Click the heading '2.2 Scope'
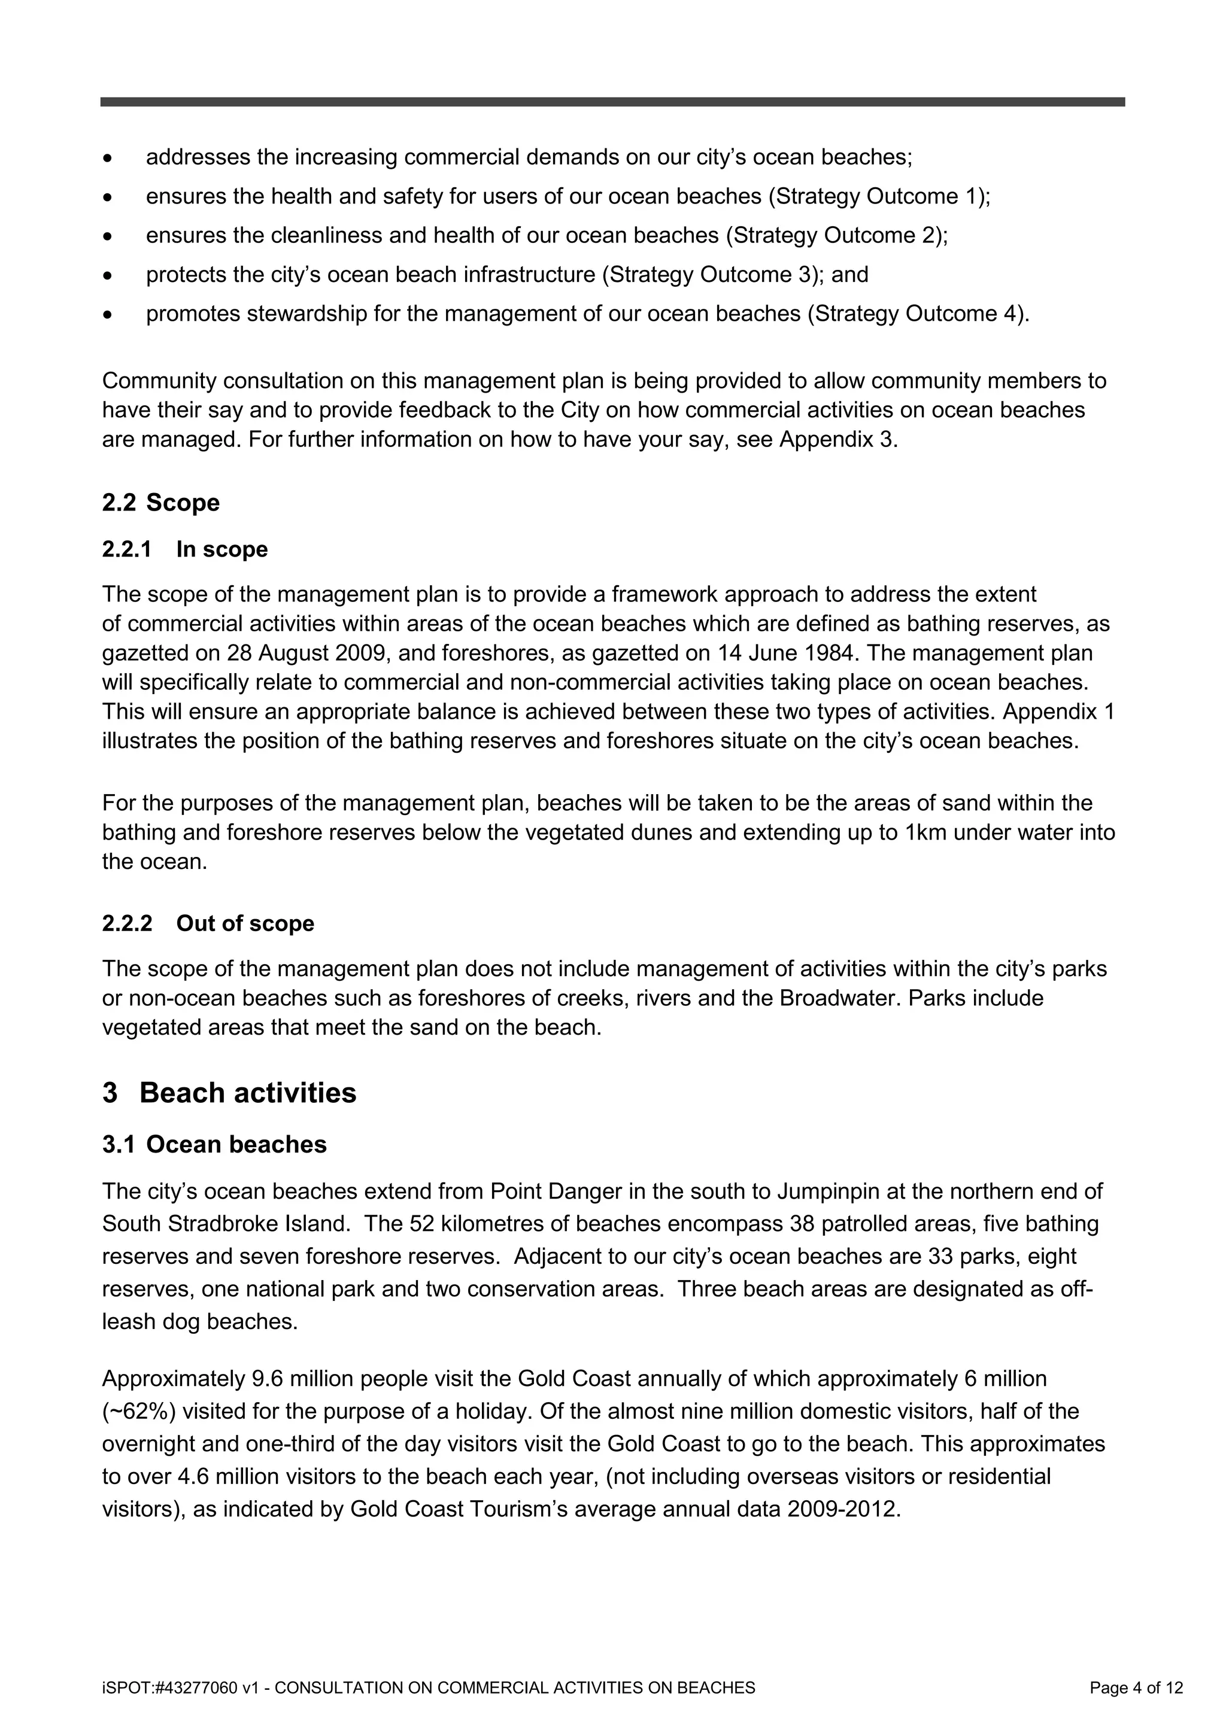(x=161, y=503)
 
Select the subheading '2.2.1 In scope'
(x=185, y=549)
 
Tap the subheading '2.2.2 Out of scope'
(x=208, y=923)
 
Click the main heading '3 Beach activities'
(x=229, y=1093)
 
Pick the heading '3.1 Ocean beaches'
(x=214, y=1144)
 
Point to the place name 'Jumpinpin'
(x=840, y=1191)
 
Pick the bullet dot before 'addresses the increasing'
(x=109, y=159)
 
